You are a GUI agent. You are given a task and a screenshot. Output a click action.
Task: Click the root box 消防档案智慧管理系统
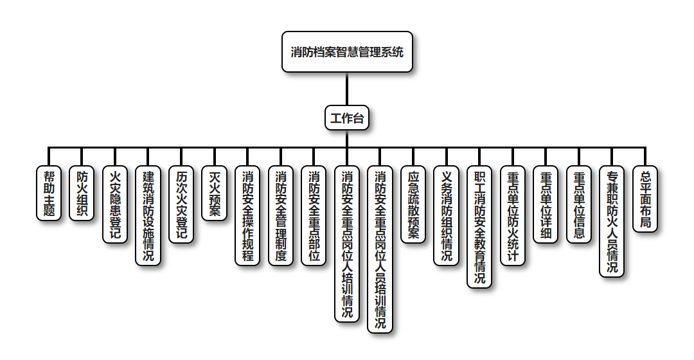pyautogui.click(x=347, y=52)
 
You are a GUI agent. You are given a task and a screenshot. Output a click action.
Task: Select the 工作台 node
pyautogui.click(x=347, y=118)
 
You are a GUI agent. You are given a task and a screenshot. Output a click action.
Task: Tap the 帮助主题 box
pyautogui.click(x=49, y=194)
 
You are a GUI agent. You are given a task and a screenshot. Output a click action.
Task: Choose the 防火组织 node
pyautogui.click(x=82, y=194)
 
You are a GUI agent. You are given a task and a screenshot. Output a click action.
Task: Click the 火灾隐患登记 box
pyautogui.click(x=116, y=204)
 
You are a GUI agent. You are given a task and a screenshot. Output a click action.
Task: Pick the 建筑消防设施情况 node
pyautogui.click(x=148, y=215)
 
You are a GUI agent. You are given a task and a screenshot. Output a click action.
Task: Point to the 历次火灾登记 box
pyautogui.click(x=182, y=204)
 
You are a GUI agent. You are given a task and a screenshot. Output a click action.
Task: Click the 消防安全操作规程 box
pyautogui.click(x=248, y=215)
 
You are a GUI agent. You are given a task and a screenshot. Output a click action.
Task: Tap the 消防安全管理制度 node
pyautogui.click(x=281, y=215)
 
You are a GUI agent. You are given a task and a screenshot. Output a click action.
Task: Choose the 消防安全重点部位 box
pyautogui.click(x=314, y=215)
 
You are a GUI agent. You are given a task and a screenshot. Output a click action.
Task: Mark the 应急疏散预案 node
pyautogui.click(x=413, y=204)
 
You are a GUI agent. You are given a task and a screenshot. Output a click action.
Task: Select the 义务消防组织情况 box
pyautogui.click(x=447, y=215)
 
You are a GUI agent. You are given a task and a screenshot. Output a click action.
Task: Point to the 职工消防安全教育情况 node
pyautogui.click(x=479, y=226)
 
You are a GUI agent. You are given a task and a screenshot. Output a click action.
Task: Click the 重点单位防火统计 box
pyautogui.click(x=513, y=215)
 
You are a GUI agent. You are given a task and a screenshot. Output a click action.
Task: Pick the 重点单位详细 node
pyautogui.click(x=546, y=204)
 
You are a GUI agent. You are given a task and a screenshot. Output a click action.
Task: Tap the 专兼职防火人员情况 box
pyautogui.click(x=612, y=221)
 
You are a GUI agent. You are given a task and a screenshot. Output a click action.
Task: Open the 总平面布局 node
pyautogui.click(x=645, y=199)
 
